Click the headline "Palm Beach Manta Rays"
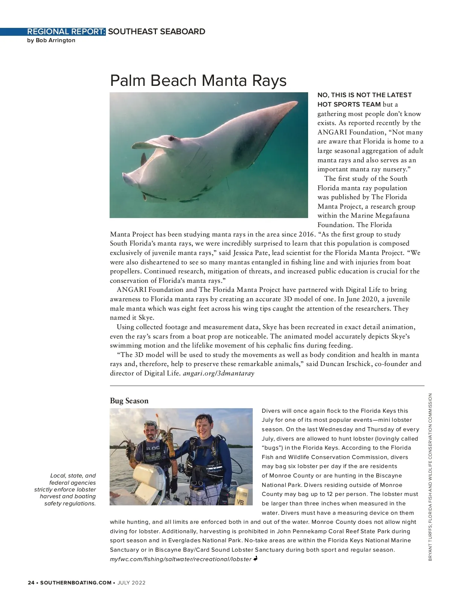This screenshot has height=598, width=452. pyautogui.click(x=198, y=81)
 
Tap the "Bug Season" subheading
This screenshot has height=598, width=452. pyautogui.click(x=129, y=401)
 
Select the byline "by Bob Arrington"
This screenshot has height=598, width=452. pyautogui.click(x=51, y=40)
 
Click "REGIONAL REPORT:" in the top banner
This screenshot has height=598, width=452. pyautogui.click(x=66, y=32)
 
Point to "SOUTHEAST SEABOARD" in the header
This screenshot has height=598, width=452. pyautogui.click(x=157, y=32)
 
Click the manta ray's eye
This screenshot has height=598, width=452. pyautogui.click(x=172, y=139)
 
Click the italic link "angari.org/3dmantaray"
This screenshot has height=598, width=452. pyautogui.click(x=218, y=373)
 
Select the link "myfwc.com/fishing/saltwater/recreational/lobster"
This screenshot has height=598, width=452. pyautogui.click(x=180, y=559)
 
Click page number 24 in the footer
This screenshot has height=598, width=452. pyautogui.click(x=31, y=583)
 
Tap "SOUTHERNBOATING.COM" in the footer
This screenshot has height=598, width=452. pyautogui.click(x=76, y=583)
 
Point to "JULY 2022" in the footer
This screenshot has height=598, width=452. pyautogui.click(x=131, y=583)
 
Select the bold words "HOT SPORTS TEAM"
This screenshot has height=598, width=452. pyautogui.click(x=349, y=104)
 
